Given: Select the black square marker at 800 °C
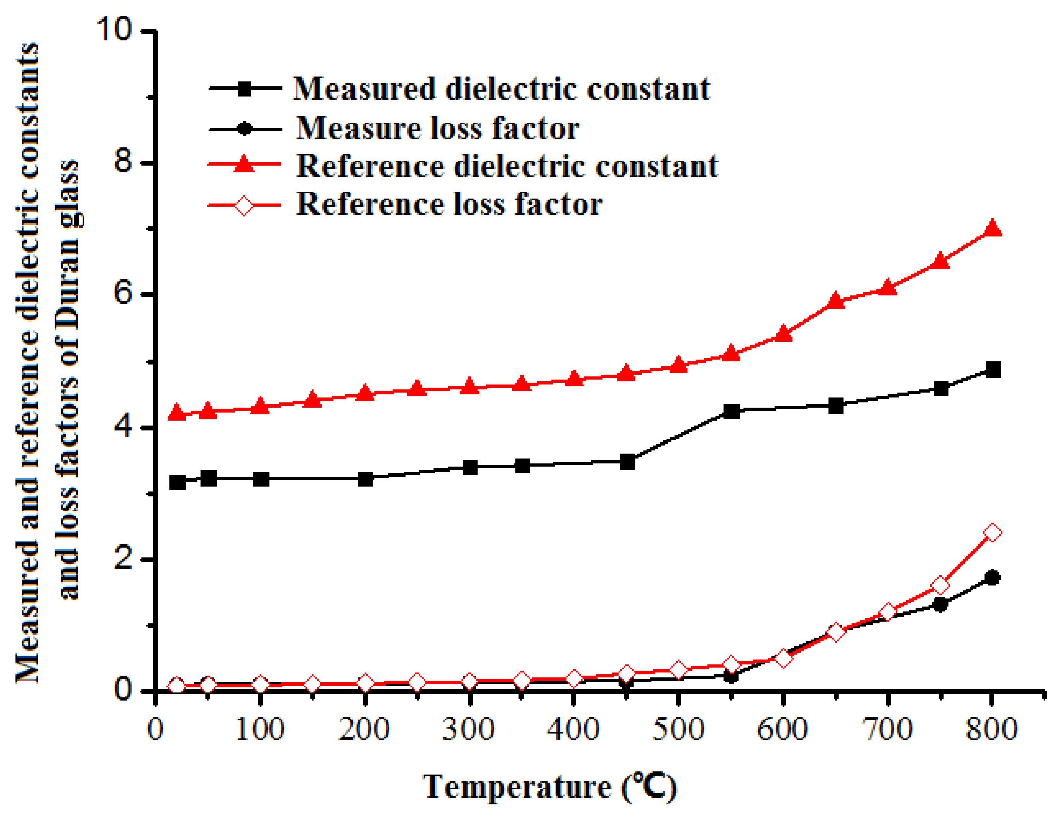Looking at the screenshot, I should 992,370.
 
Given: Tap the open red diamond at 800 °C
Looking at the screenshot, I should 992,533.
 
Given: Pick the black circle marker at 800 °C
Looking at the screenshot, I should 992,578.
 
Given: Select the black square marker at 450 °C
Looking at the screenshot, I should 627,462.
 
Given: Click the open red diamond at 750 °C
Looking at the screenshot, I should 940,585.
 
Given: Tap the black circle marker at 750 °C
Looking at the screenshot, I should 940,605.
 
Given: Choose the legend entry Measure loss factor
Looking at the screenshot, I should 437,128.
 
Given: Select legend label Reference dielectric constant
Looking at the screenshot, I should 507,166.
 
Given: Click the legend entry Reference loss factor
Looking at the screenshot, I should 449,204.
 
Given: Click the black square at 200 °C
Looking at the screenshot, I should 365,479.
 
